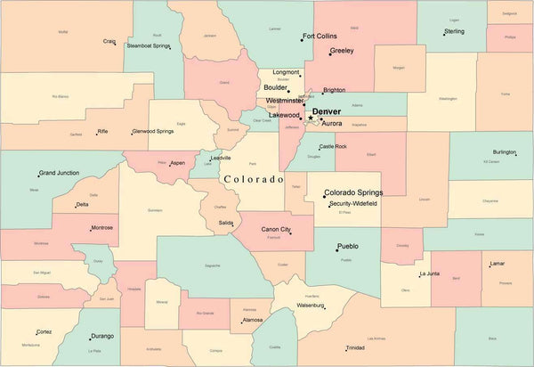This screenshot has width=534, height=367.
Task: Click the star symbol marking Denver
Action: click(x=310, y=118)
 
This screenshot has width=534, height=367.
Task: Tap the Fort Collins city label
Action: click(x=320, y=37)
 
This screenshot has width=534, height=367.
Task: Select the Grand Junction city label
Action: click(x=60, y=173)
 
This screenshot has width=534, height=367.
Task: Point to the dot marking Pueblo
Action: click(x=337, y=250)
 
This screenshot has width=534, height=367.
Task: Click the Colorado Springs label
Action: click(x=353, y=192)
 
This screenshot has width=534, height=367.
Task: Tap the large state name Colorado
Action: click(x=254, y=179)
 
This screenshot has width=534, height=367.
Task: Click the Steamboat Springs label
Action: click(x=149, y=45)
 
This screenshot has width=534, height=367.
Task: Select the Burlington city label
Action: click(x=505, y=152)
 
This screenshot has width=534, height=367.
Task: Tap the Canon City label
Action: click(x=276, y=230)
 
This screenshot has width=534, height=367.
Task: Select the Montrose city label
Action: click(x=102, y=227)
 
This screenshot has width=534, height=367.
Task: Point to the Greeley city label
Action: click(x=342, y=51)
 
